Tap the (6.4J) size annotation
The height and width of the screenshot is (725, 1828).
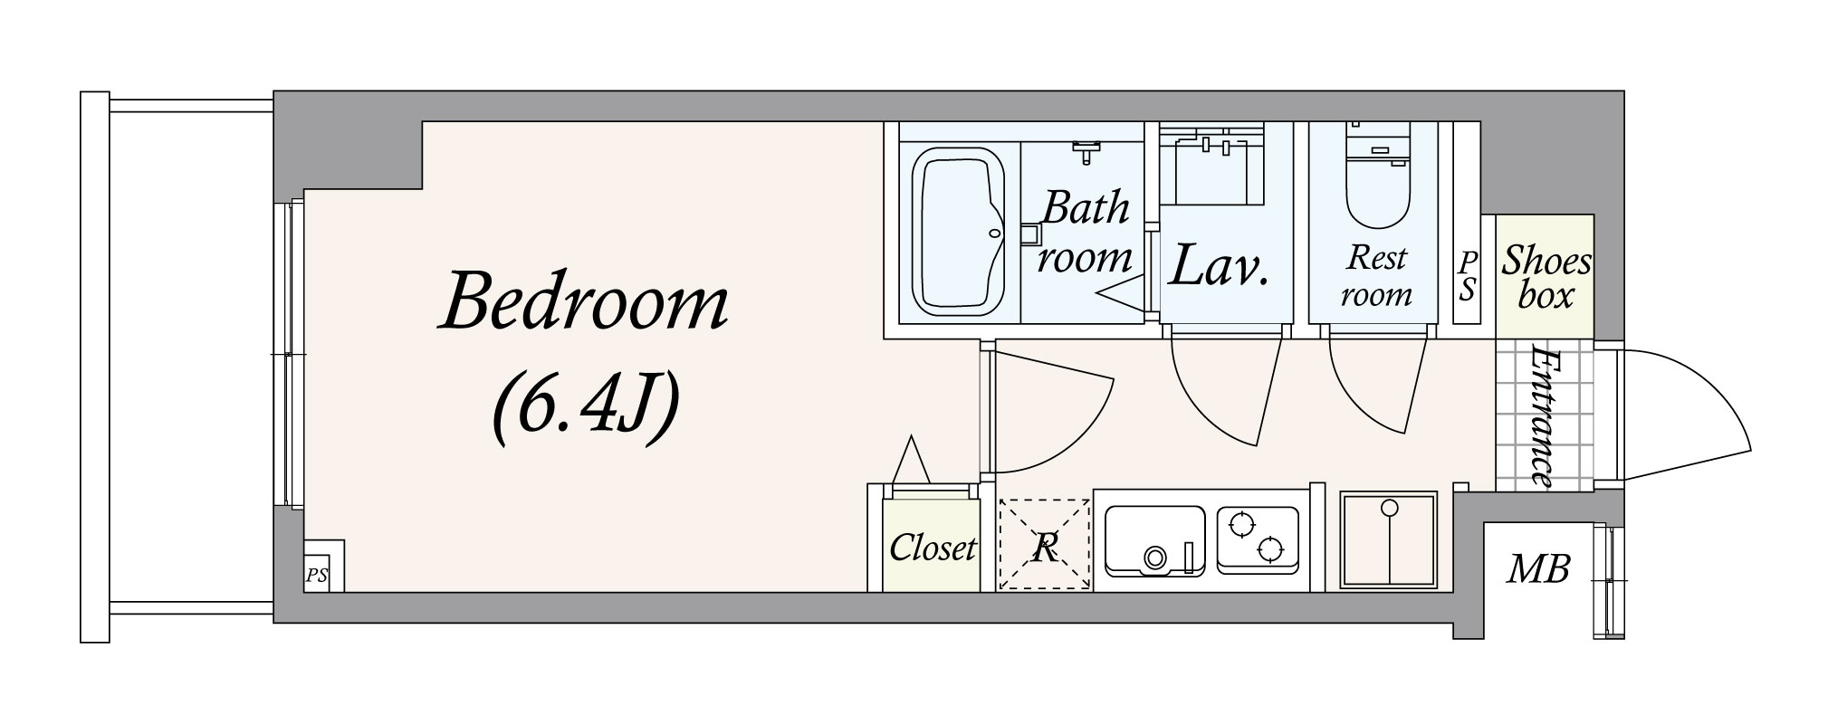click(x=585, y=413)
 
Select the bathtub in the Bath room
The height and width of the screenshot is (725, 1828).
click(x=958, y=232)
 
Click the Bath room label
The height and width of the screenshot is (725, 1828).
click(x=1085, y=233)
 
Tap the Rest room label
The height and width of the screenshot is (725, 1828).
click(x=1376, y=275)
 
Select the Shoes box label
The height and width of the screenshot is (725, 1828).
click(x=1546, y=278)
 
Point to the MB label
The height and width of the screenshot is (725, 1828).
click(x=1538, y=569)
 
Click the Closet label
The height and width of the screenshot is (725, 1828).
click(x=933, y=548)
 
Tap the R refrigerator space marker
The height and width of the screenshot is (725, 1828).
click(x=1045, y=546)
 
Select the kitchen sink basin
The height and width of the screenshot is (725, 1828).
click(x=1154, y=541)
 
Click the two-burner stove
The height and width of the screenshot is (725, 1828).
click(x=1258, y=539)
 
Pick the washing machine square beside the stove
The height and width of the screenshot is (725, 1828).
click(x=1388, y=540)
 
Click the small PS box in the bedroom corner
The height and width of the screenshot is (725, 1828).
click(x=317, y=576)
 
